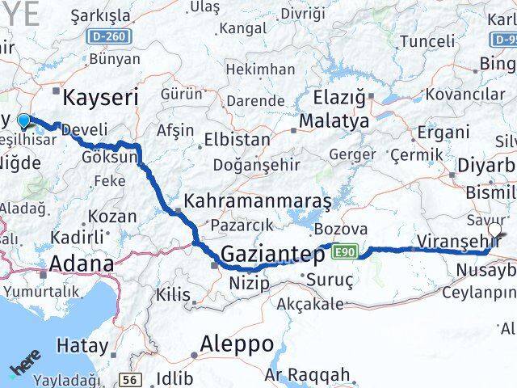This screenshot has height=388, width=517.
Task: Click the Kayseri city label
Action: coord(100,98)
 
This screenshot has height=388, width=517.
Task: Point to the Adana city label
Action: coord(82,264)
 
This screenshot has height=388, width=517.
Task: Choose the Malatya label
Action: coord(334,121)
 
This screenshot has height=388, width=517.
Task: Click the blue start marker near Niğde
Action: coord(23,122)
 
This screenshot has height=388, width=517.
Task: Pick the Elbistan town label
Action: coord(237,139)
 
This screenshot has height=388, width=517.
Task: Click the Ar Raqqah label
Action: coord(308,374)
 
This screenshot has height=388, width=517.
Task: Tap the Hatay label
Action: coord(82,346)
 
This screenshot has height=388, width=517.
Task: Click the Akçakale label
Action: coord(309,303)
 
